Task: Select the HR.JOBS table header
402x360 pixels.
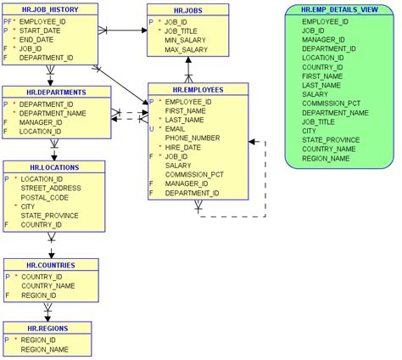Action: pos(187,10)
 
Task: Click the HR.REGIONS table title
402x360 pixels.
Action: pos(47,328)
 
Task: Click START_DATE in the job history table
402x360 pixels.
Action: pos(40,30)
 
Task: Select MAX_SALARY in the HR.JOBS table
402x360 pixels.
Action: pos(185,50)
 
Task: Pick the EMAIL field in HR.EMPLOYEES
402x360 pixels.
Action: pos(176,129)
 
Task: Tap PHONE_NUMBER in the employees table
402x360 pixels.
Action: pos(191,138)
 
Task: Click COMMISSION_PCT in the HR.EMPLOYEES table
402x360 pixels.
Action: pos(194,174)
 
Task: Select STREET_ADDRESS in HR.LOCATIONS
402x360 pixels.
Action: pos(49,188)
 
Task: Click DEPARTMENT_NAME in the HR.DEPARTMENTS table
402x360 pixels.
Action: pos(53,113)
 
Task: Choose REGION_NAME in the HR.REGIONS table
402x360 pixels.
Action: pos(44,349)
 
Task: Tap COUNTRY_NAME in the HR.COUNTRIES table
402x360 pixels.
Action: pos(47,286)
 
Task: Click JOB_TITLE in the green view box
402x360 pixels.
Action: pos(318,121)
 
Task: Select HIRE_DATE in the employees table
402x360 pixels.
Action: pos(181,147)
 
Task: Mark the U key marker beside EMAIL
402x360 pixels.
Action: pos(151,129)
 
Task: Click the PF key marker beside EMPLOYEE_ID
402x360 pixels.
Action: pos(7,20)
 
